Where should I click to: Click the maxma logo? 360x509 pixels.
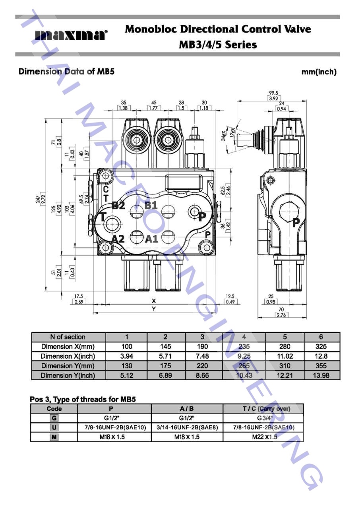71,35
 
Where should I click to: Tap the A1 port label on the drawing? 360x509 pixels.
151,239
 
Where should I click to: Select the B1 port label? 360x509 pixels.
151,206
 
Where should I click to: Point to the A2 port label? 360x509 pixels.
118,239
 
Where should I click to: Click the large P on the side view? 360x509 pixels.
296,223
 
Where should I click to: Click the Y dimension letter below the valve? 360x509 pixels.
154,309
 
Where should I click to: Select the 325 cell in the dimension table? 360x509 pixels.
321,346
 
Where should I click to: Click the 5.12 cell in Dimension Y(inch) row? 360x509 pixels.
127,375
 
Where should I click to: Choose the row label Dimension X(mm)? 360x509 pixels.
68,346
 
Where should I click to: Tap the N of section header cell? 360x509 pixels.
68,337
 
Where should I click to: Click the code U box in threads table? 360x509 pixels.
54,427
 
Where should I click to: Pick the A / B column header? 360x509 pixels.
187,409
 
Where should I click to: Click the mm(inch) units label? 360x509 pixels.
319,72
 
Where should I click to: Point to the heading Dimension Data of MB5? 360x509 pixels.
67,72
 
